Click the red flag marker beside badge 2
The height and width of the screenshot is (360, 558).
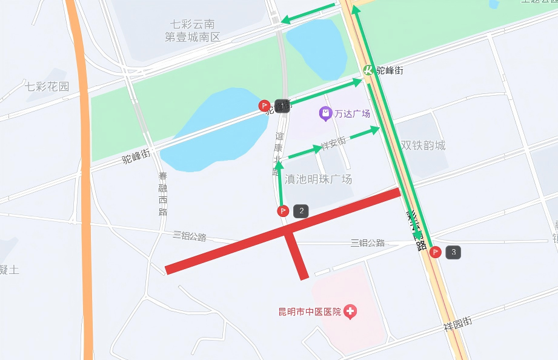tap(283, 211)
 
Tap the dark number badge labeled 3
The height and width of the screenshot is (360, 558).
tap(453, 252)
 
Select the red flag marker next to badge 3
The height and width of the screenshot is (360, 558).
tap(435, 252)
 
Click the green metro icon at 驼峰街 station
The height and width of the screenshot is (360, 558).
tap(368, 70)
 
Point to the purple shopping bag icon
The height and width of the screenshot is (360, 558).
tap(325, 113)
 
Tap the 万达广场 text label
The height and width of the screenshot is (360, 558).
tap(352, 113)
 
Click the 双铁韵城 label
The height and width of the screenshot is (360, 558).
tap(423, 145)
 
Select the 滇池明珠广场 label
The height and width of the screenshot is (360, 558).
tap(318, 179)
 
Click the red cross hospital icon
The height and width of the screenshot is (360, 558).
tap(350, 312)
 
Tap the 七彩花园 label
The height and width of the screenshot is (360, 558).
tap(47, 86)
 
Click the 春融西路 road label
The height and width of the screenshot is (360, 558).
tap(162, 194)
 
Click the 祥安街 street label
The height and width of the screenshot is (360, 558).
tap(333, 144)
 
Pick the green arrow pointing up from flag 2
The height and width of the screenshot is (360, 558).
tap(279, 182)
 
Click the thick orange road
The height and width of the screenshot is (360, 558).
tap(84, 182)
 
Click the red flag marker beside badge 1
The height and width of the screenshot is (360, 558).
tap(265, 106)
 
